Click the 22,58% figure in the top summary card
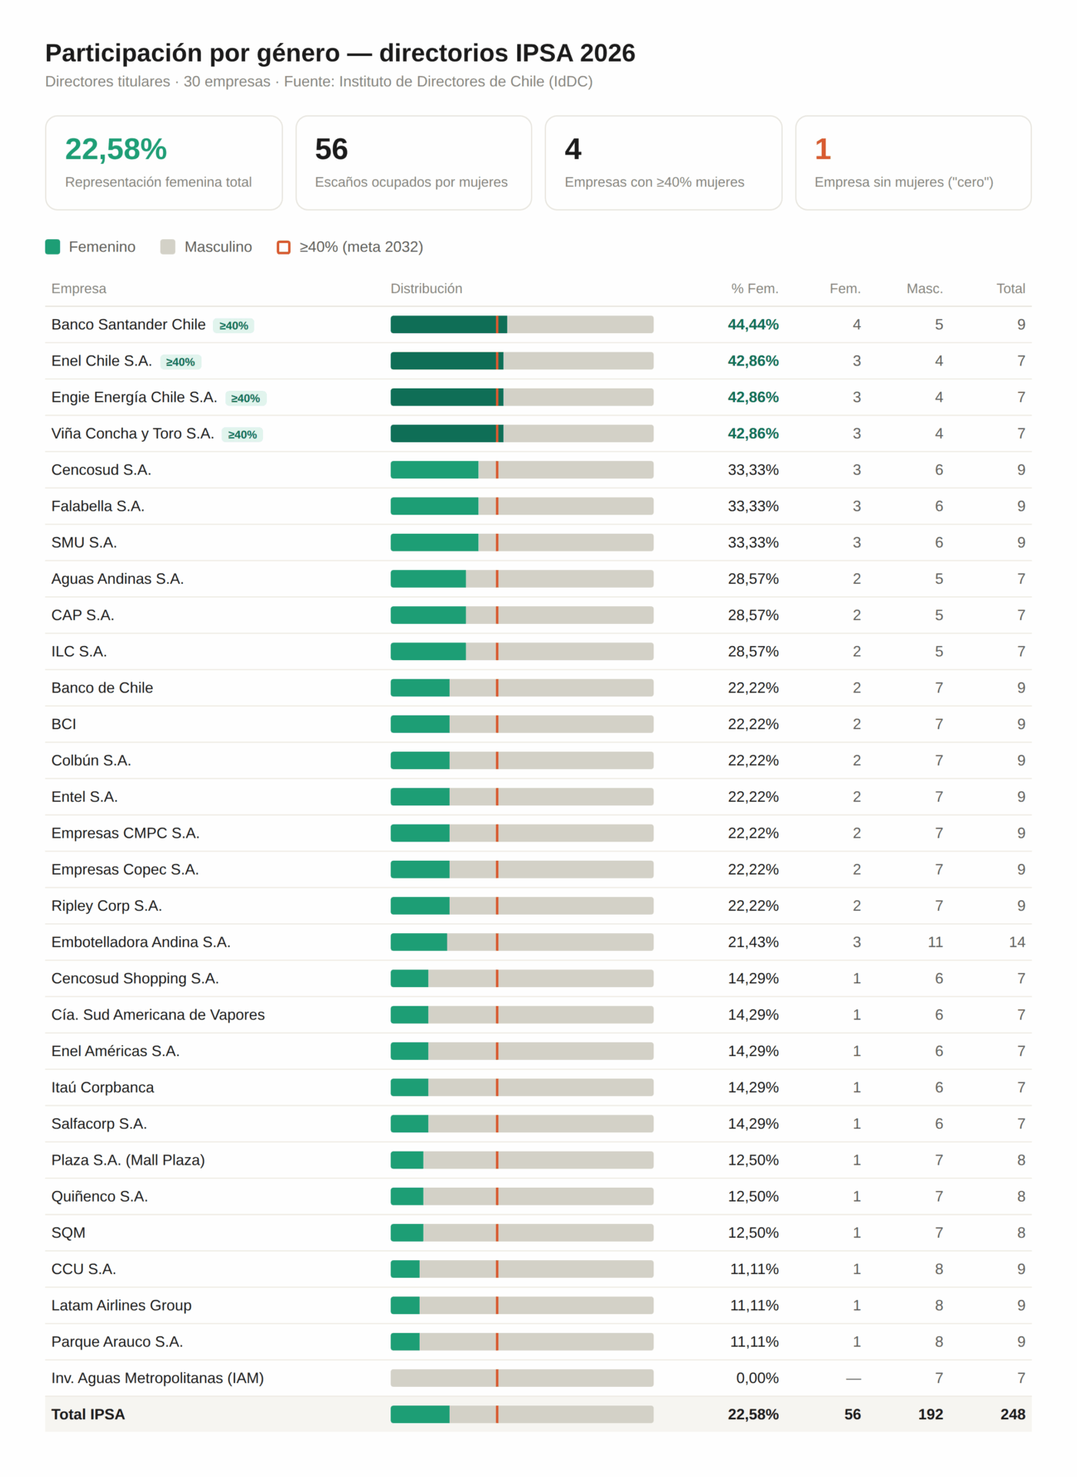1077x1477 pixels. coord(116,149)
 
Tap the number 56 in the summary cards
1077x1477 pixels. coord(331,149)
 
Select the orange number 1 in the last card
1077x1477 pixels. coord(823,149)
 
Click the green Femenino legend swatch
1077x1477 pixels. coord(52,247)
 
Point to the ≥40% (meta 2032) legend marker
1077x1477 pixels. coord(284,247)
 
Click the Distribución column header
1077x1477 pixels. coord(427,288)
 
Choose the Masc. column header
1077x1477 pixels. coord(925,288)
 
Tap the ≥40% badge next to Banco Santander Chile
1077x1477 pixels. coord(234,325)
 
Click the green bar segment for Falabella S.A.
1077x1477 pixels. coord(434,506)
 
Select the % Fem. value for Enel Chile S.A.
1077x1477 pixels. coord(753,361)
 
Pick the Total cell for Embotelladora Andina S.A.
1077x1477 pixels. coord(1017,942)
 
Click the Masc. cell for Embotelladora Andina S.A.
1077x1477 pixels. coord(936,942)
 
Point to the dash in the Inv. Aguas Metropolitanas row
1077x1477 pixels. coord(853,1379)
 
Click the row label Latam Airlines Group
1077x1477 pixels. coord(121,1305)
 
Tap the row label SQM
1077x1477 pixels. coord(68,1233)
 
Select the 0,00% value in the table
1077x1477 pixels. coord(757,1379)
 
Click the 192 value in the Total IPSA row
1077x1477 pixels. coord(930,1415)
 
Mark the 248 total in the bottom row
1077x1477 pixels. coord(1013,1415)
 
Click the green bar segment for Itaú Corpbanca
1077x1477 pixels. coord(409,1088)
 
